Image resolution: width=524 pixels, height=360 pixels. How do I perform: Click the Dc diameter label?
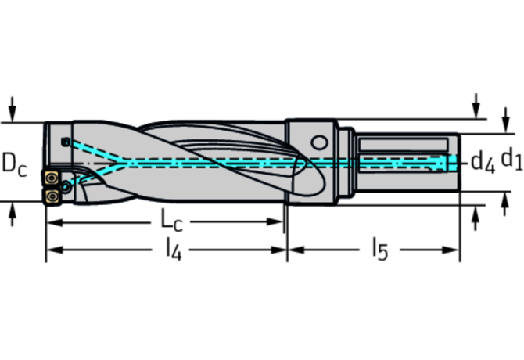(14, 164)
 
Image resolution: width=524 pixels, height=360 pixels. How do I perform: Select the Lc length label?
(171, 220)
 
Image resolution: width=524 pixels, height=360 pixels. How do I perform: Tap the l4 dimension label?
(174, 250)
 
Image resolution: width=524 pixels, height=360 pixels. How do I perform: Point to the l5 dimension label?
(380, 250)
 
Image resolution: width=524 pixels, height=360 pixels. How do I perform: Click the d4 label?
(483, 162)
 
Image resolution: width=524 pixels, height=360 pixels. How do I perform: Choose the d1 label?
(511, 158)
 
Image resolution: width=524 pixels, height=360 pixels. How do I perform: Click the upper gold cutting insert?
(51, 178)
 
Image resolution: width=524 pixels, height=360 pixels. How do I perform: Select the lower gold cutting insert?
(52, 196)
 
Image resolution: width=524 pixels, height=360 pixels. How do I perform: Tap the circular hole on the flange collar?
(319, 142)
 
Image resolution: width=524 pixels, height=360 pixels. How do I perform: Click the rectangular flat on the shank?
(404, 145)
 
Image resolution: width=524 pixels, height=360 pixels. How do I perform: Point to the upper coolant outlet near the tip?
(66, 142)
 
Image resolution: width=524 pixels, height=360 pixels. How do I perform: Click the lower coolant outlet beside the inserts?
(66, 187)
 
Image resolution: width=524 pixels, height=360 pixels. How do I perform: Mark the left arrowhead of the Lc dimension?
(54, 222)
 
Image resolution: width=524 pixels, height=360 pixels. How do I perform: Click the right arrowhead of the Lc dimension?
(275, 221)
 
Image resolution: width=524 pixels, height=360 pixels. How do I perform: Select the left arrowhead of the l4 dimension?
(54, 250)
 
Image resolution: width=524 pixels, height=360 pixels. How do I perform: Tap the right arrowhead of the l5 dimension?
(450, 250)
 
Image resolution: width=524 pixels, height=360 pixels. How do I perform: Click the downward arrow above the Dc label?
(12, 110)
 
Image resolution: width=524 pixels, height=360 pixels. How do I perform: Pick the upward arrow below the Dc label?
(12, 214)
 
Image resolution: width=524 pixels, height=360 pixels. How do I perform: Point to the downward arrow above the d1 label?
(506, 121)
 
